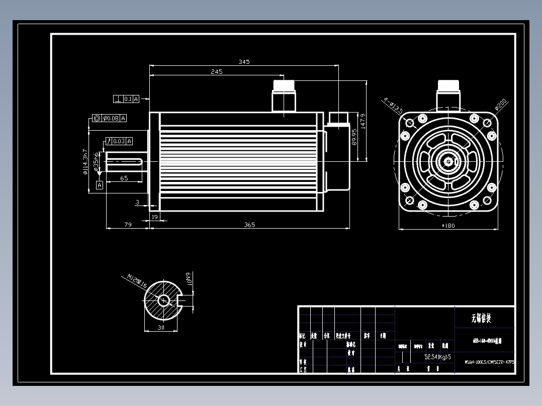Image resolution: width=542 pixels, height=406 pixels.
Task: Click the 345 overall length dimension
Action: pyautogui.click(x=244, y=62)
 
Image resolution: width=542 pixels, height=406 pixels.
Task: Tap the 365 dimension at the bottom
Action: pyautogui.click(x=249, y=225)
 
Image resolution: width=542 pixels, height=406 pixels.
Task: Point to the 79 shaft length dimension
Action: pyautogui.click(x=128, y=225)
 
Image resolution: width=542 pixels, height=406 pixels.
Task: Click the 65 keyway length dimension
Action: pyautogui.click(x=124, y=178)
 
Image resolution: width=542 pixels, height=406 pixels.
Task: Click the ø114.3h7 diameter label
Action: pyautogui.click(x=85, y=162)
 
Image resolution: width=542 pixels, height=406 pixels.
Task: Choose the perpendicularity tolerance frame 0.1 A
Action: pyautogui.click(x=127, y=99)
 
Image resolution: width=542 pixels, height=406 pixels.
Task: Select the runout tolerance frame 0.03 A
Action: pyautogui.click(x=118, y=141)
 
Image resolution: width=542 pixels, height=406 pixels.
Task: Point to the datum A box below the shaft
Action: pyautogui.click(x=99, y=185)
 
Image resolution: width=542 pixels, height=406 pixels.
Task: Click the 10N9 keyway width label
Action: pyautogui.click(x=189, y=279)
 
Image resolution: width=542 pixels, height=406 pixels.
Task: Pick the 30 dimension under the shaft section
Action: pyautogui.click(x=161, y=327)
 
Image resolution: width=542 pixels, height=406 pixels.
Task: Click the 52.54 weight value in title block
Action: pyautogui.click(x=431, y=357)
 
